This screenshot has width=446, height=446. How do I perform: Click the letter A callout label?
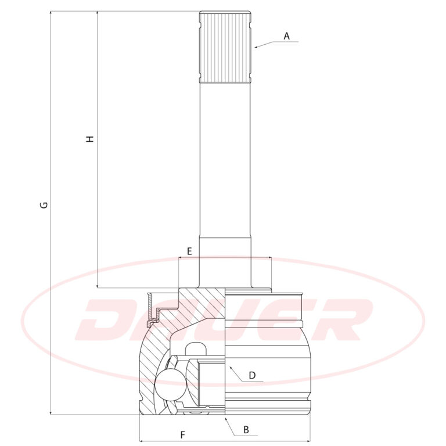click(287, 36)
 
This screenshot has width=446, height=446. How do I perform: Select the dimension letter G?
click(44, 205)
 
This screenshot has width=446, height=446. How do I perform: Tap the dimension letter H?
click(90, 139)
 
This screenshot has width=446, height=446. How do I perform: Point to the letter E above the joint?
click(189, 251)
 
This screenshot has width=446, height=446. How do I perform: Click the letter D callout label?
click(252, 376)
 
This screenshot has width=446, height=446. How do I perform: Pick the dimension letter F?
click(182, 435)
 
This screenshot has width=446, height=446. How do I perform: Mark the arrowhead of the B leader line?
click(226, 418)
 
